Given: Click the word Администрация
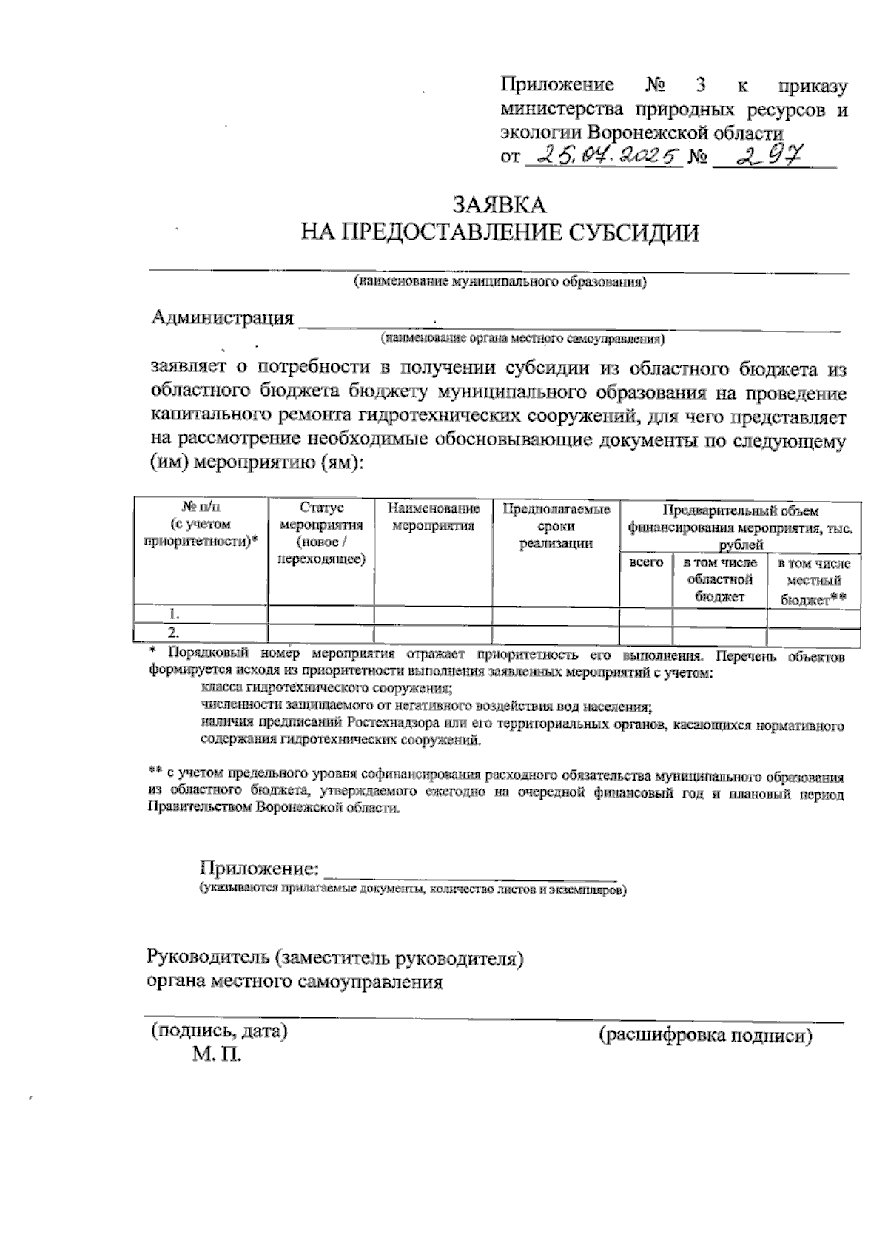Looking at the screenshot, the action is pos(222,318).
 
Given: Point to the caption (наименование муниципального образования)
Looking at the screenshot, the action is pos(499,282).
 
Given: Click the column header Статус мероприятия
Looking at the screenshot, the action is pos(321,533).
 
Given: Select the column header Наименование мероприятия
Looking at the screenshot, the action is pos(433,517).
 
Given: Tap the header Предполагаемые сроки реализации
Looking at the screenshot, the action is pos(556,526).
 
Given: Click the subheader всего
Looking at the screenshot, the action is pos(645,562).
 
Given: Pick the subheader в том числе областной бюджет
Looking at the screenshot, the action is pos(719,580).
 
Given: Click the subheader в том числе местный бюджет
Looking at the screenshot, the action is pos(813,582).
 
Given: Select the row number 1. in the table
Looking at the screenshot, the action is pos(175,614).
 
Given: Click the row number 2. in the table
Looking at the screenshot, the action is pos(175,633).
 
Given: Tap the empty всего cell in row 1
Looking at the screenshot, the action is pos(645,615).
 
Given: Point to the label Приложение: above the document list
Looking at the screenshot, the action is pos(259,868).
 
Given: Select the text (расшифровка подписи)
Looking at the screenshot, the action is pos(705,1035).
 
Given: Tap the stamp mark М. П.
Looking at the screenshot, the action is pos(217,1054).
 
